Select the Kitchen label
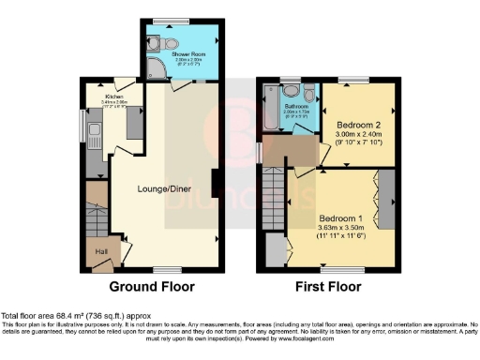(114, 97)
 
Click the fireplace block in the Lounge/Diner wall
(216, 182)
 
